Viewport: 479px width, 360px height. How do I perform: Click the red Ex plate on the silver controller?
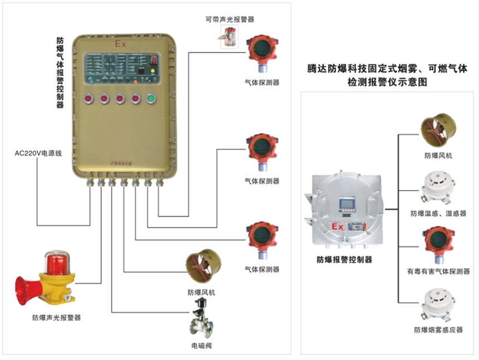coord(338,227)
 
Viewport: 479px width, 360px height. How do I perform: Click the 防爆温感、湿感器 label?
coord(438,213)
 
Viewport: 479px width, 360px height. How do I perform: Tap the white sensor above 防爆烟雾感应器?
coord(438,304)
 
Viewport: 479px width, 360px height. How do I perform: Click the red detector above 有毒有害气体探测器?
coord(438,245)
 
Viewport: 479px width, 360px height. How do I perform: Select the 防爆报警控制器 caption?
coord(344,259)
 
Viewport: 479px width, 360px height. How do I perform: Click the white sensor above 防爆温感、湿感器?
coord(438,188)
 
